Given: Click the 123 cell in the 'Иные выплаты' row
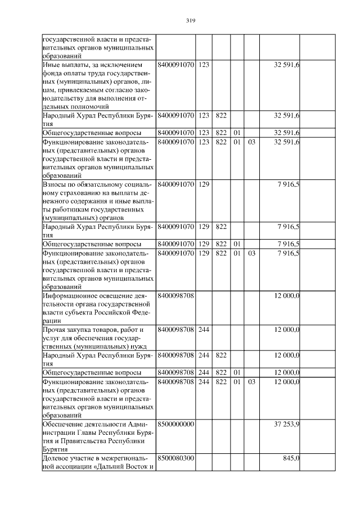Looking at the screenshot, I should click(204, 66).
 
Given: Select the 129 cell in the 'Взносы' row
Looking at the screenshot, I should click(204, 185).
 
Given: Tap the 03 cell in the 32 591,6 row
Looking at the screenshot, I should click(251, 142).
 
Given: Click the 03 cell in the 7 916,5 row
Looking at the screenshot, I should click(251, 254).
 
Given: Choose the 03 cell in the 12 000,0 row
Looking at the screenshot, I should click(251, 382).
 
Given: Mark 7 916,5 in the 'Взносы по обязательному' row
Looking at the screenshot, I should click(289, 185).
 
